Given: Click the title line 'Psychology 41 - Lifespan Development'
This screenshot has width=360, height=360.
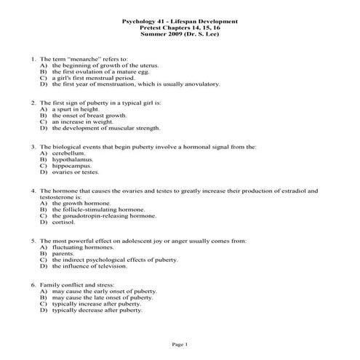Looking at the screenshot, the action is tap(179, 21).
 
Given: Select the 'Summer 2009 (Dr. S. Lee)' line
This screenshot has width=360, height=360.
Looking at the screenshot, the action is tap(179, 34).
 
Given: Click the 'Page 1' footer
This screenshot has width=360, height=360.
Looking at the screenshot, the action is tap(180, 343).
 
